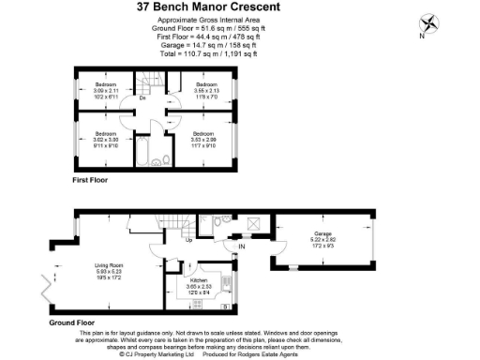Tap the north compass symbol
click(x=432, y=24)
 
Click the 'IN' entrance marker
click(x=241, y=248)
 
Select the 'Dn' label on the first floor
click(x=142, y=97)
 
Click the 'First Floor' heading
click(x=94, y=177)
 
